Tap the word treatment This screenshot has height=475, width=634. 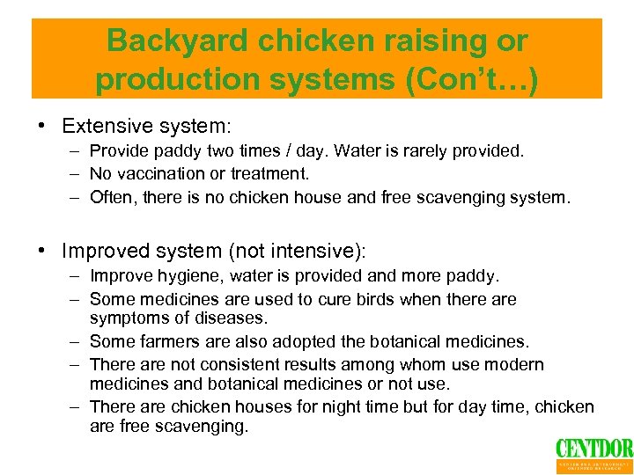click(272, 174)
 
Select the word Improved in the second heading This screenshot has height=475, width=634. click(101, 252)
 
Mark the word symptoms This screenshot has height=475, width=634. click(126, 317)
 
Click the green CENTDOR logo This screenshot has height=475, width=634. click(593, 449)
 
